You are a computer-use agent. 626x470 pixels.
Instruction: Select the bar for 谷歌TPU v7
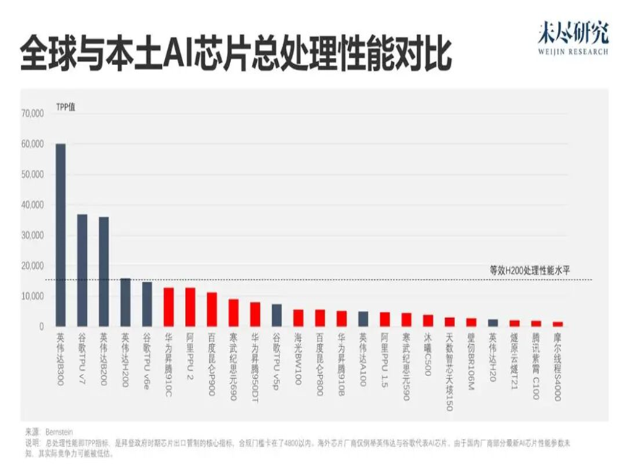pos(83,270)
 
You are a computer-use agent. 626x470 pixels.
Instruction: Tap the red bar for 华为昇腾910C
pos(169,307)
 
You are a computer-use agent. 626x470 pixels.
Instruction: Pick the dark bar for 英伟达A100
pos(363,319)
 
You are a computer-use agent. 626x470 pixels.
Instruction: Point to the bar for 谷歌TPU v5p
pos(276,315)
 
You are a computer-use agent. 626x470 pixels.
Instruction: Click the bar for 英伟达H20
pos(493,323)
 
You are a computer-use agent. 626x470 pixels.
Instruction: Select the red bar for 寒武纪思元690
pos(233,313)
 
